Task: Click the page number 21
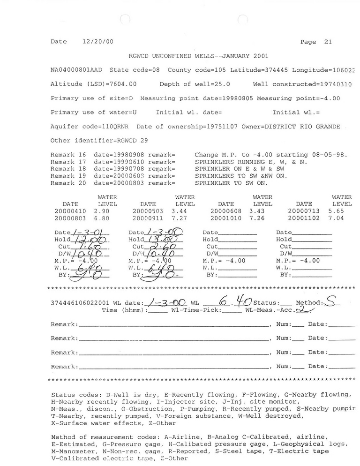[328, 42]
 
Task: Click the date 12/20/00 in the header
[94, 42]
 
